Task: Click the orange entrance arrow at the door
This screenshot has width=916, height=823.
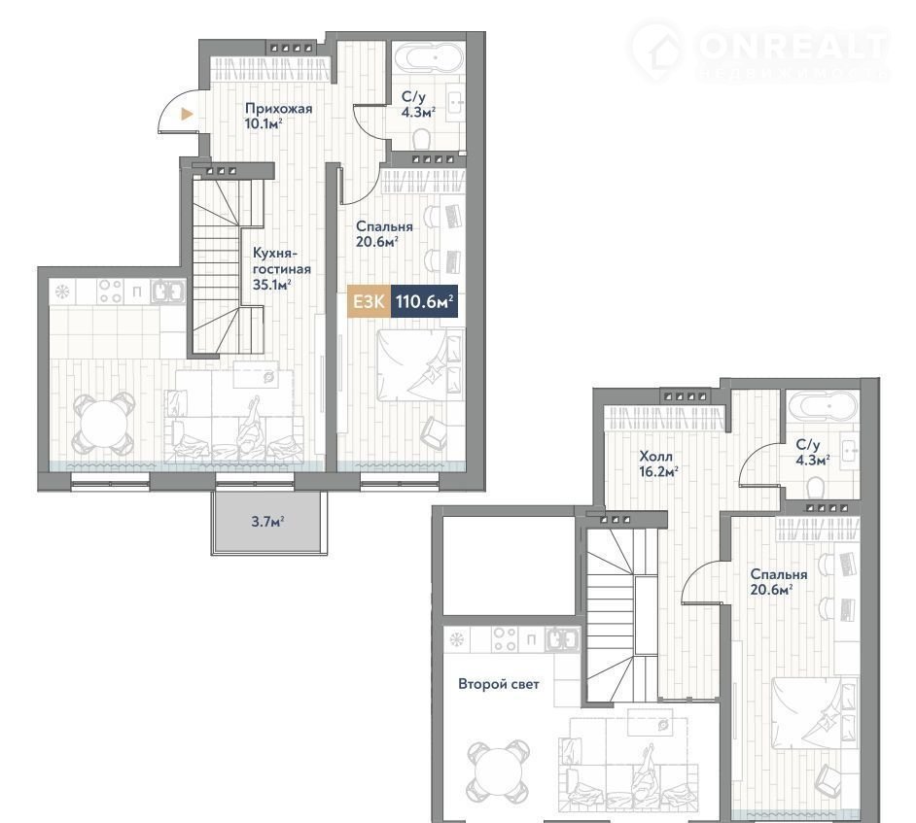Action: pyautogui.click(x=187, y=115)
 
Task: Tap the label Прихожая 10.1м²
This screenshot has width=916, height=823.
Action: pyautogui.click(x=279, y=116)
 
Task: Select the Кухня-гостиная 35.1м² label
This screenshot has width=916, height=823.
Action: pyautogui.click(x=282, y=269)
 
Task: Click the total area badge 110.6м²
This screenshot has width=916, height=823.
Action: pyautogui.click(x=424, y=302)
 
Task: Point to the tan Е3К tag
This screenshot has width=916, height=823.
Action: pyautogui.click(x=369, y=302)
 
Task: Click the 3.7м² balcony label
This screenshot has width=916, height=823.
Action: pyautogui.click(x=267, y=521)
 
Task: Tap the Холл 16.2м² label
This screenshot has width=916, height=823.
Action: pyautogui.click(x=658, y=463)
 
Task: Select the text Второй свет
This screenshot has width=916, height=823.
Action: pyautogui.click(x=498, y=684)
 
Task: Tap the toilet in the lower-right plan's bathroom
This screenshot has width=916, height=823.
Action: pyautogui.click(x=815, y=487)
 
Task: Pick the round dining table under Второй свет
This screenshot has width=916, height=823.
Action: pyautogui.click(x=498, y=772)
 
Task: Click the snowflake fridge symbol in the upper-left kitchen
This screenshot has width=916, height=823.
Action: pyautogui.click(x=62, y=291)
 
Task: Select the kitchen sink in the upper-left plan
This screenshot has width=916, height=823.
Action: pyautogui.click(x=168, y=291)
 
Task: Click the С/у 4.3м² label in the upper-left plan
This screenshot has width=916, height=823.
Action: pyautogui.click(x=418, y=105)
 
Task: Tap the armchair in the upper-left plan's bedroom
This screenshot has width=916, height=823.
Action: pyautogui.click(x=435, y=432)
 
